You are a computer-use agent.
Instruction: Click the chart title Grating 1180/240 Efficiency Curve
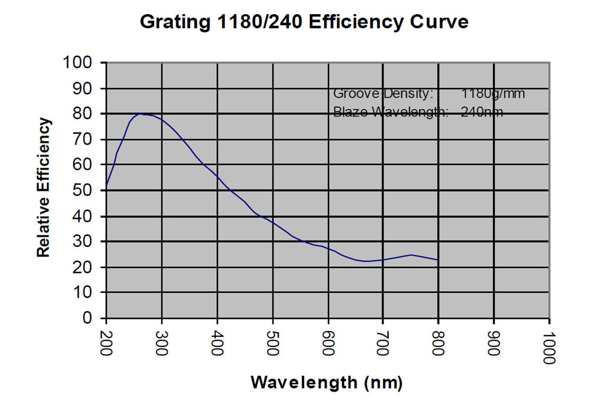304,22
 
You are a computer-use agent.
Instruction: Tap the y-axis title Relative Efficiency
44,188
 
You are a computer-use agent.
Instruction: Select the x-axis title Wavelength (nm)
327,382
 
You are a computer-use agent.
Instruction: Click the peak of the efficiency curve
141,113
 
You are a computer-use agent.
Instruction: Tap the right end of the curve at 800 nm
438,259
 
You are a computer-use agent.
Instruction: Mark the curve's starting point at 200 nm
106,187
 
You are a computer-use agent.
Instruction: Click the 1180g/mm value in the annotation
493,94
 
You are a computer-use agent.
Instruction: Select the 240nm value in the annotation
482,112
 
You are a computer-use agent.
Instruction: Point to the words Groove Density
383,94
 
